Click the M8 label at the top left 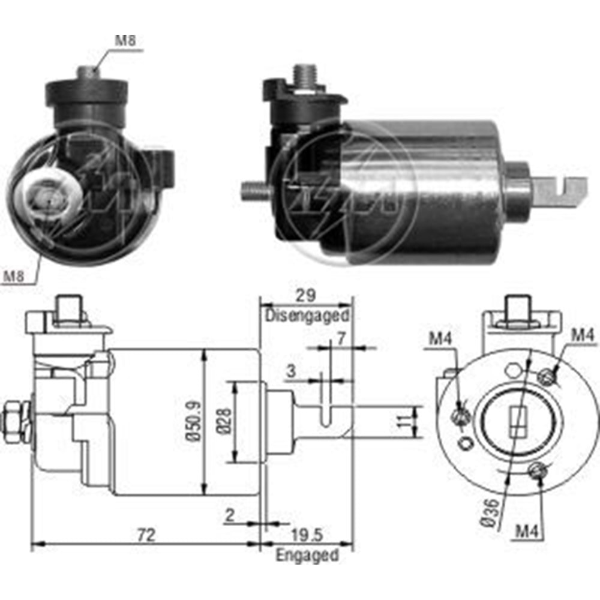click(x=125, y=41)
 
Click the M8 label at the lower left click(x=14, y=277)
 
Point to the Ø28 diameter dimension click(x=223, y=423)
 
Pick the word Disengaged click(x=307, y=314)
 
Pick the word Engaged click(x=307, y=555)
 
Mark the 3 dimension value click(x=290, y=371)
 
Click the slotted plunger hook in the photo click(x=560, y=191)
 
